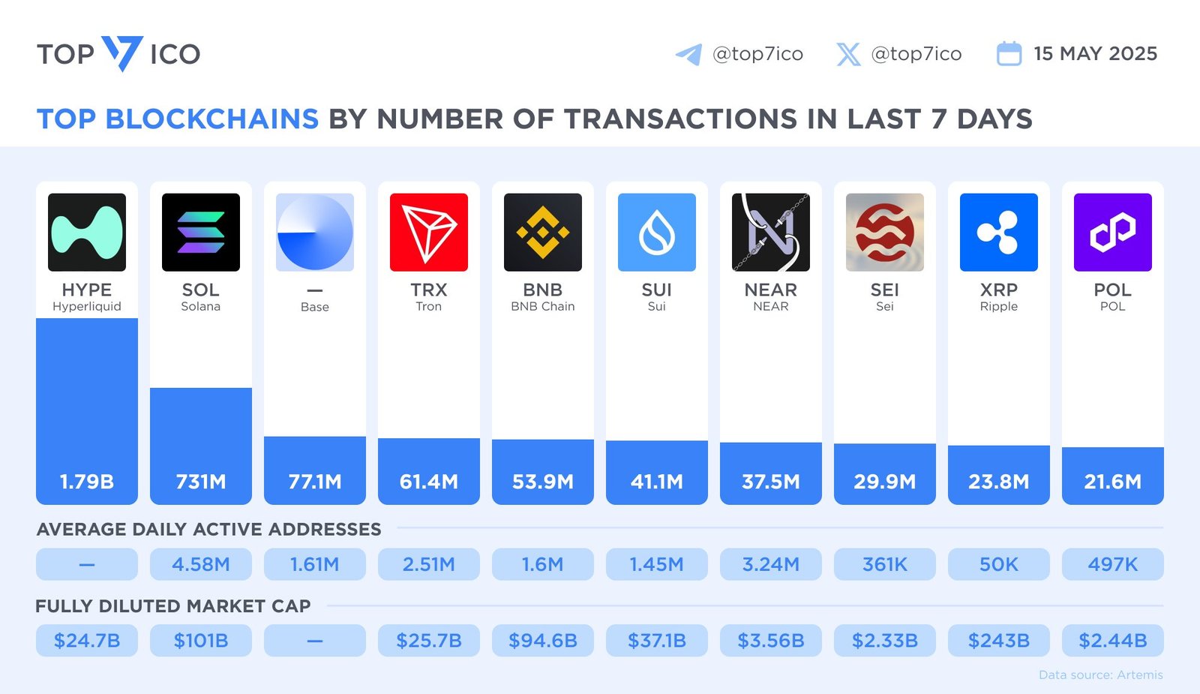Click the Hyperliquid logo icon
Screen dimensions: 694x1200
[x=87, y=233]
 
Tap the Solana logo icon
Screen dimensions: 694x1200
[x=201, y=233]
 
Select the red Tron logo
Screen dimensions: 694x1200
[x=429, y=233]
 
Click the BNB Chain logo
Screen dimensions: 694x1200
[x=543, y=233]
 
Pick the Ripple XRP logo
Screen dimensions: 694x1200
[x=999, y=233]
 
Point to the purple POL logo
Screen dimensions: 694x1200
[x=1113, y=233]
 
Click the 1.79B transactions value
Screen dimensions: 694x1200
[x=87, y=482]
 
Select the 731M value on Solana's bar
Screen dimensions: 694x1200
[x=201, y=482]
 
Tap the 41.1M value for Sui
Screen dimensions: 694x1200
[x=657, y=482]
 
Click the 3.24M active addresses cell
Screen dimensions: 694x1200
[x=771, y=564]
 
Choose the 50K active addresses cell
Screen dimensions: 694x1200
[x=999, y=564]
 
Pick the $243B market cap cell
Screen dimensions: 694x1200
[x=999, y=641]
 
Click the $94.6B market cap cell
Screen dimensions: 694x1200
[x=543, y=641]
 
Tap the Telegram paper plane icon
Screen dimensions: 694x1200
[x=688, y=54]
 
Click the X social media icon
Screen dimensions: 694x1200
[x=848, y=54]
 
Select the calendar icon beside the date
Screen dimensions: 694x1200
[x=1009, y=54]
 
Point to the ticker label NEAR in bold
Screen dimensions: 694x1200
[x=771, y=290]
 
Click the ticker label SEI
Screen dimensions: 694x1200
[x=885, y=290]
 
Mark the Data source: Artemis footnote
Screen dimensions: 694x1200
[x=1100, y=675]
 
